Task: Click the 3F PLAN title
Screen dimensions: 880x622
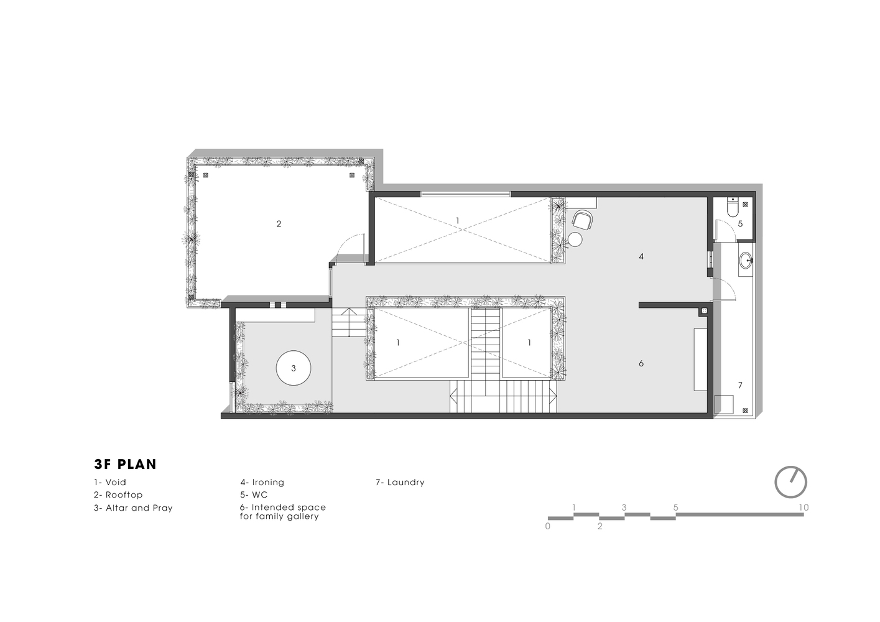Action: coord(125,464)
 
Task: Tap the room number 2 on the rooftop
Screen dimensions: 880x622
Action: coord(279,224)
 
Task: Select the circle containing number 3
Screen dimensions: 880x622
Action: coord(294,368)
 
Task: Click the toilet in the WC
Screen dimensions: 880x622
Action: coord(733,207)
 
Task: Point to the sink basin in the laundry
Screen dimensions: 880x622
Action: coord(746,260)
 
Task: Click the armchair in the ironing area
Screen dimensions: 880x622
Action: coord(582,219)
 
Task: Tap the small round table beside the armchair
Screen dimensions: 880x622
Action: coord(575,239)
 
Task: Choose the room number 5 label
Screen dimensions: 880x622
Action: coord(740,224)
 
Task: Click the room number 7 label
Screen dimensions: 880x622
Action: coord(740,386)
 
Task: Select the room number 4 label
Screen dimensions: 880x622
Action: coord(641,257)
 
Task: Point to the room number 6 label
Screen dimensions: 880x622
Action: coord(641,363)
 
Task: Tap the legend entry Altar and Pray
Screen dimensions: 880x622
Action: coord(133,508)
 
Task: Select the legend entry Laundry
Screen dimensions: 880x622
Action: coord(400,482)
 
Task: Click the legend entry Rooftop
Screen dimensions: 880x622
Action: coord(118,494)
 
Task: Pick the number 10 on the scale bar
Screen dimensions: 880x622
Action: coord(804,508)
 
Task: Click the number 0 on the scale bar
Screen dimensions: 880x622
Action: coord(548,526)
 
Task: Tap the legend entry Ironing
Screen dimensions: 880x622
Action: coord(262,482)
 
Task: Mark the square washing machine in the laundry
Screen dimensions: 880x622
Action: coord(724,404)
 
